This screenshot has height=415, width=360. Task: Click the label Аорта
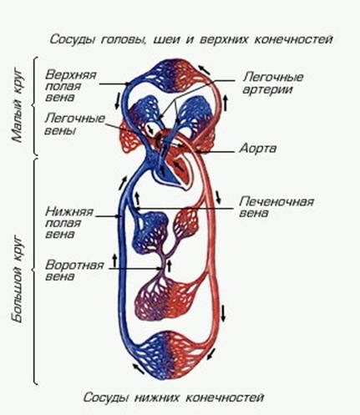(x=258, y=149)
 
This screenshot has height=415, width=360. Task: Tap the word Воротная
(x=74, y=265)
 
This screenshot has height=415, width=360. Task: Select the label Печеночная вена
(x=276, y=207)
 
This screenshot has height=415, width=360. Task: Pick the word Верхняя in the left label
(x=71, y=75)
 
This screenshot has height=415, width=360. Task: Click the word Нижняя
(x=69, y=211)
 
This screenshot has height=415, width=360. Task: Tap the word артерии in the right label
(x=267, y=89)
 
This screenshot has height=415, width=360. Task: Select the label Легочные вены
(x=74, y=124)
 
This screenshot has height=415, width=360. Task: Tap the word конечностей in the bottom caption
(x=225, y=397)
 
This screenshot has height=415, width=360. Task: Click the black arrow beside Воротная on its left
(x=114, y=260)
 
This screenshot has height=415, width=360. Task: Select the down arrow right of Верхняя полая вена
(x=118, y=100)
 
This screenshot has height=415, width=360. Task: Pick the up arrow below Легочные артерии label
(x=226, y=103)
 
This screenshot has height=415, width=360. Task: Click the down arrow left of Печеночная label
(x=218, y=197)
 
